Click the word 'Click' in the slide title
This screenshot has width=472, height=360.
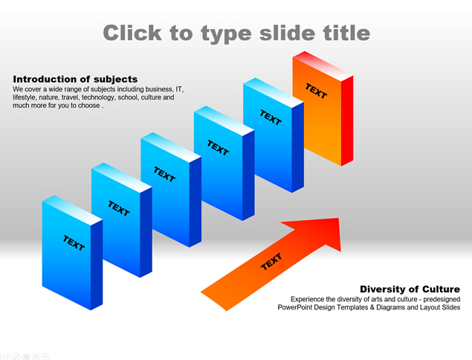(x=132, y=33)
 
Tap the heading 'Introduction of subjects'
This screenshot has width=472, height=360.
(x=75, y=80)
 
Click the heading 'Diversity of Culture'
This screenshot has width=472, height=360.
(x=410, y=289)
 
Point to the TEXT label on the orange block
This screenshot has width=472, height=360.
(x=316, y=91)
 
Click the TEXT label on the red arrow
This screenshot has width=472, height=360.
(x=271, y=262)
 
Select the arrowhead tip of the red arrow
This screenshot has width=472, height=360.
(x=339, y=219)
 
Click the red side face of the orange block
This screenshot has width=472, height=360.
(x=347, y=120)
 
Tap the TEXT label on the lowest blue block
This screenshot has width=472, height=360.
(x=74, y=243)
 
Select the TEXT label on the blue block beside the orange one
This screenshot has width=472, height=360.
(x=271, y=118)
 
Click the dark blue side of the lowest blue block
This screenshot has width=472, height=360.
(x=97, y=265)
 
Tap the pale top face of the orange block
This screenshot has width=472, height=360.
(x=323, y=66)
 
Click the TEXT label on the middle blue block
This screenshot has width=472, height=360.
(x=164, y=175)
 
